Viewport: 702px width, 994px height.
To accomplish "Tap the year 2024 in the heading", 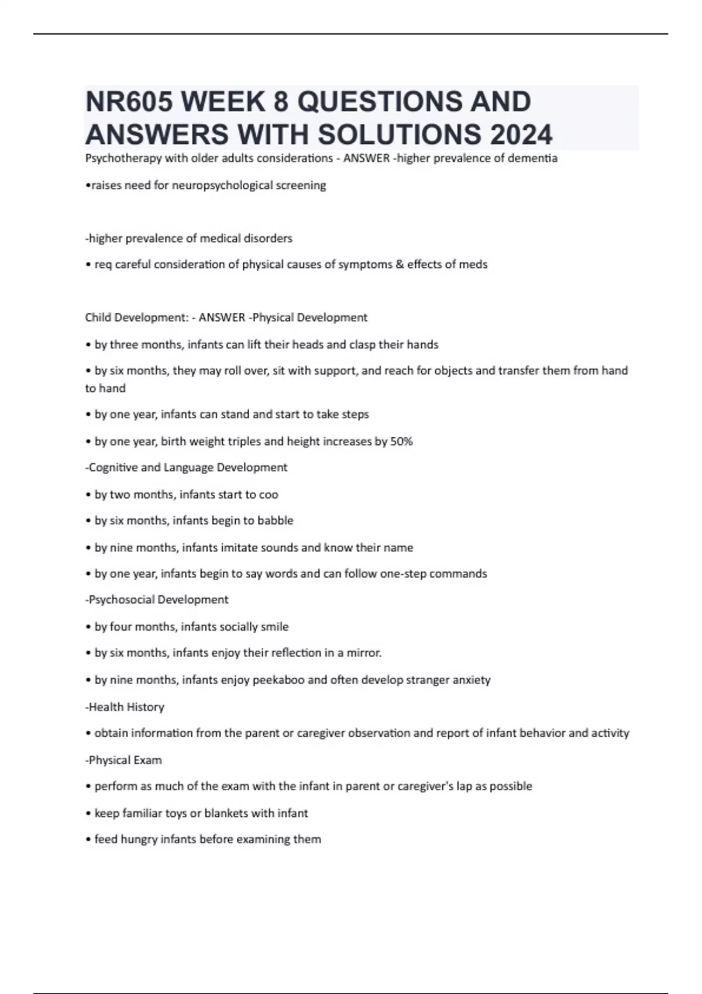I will tap(521, 134).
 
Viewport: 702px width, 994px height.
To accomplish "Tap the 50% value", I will tap(401, 441).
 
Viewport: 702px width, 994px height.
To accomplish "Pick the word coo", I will tap(269, 495).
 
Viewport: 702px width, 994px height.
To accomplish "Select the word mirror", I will tap(363, 653).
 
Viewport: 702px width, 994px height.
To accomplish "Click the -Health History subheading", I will tap(125, 707).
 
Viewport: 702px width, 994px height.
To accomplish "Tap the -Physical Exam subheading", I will tap(123, 760).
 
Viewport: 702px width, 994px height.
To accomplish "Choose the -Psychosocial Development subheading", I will tap(157, 600).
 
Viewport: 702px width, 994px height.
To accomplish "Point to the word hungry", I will tap(139, 840).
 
